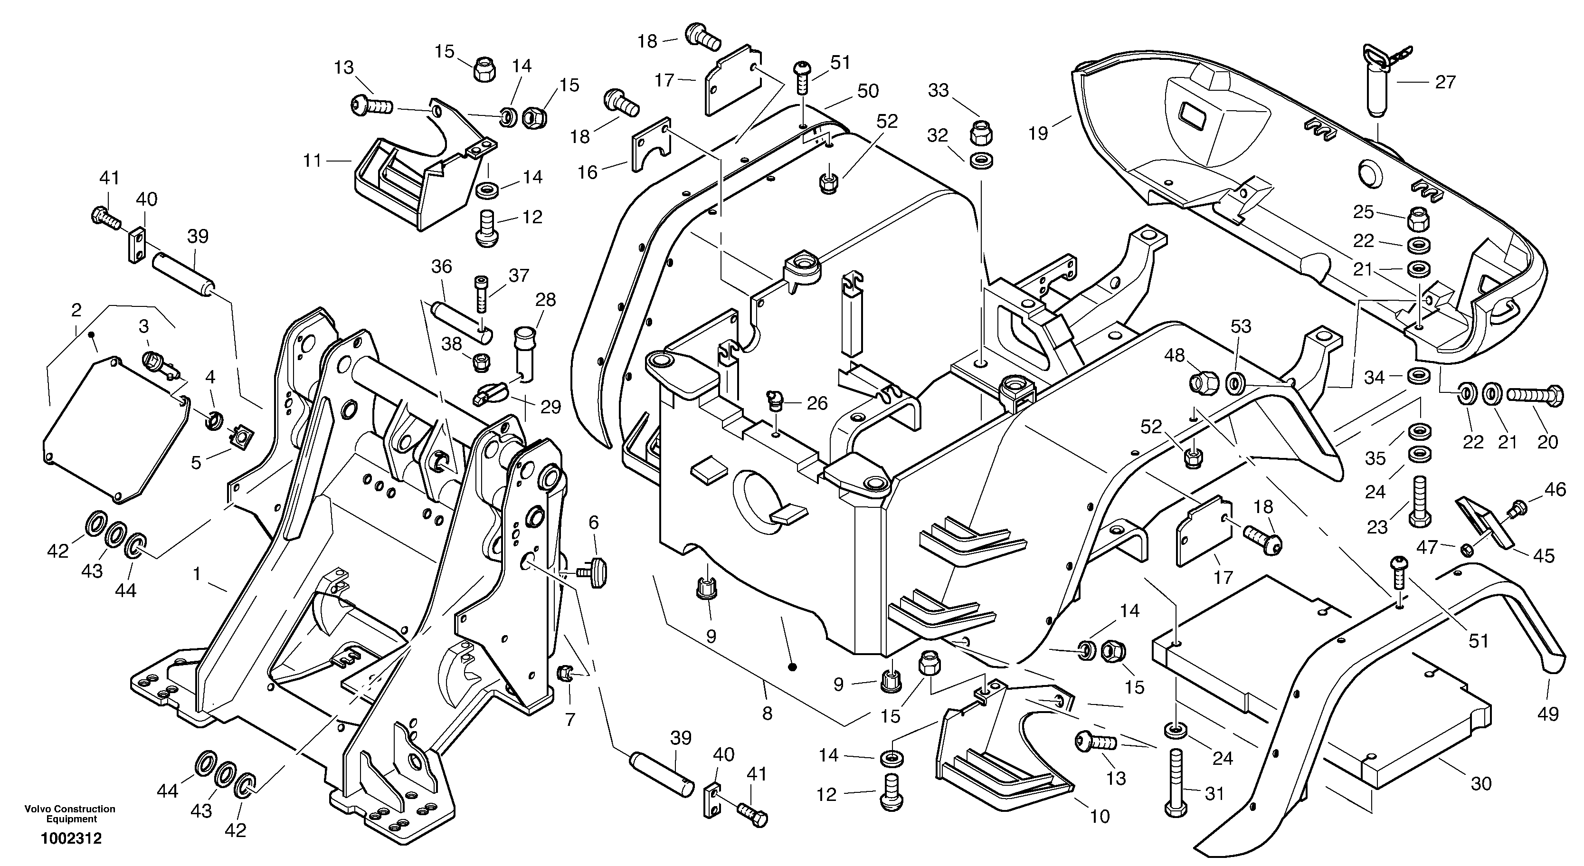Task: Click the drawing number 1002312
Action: (71, 839)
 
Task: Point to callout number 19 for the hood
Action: (1038, 133)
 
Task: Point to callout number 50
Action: (868, 91)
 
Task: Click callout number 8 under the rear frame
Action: (767, 714)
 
